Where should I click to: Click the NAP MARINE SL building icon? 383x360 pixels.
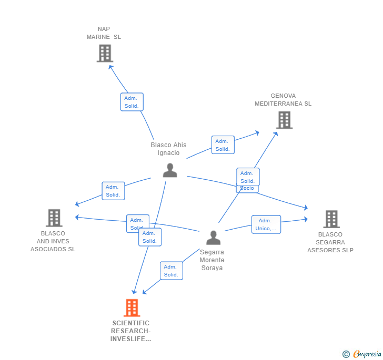click(x=105, y=53)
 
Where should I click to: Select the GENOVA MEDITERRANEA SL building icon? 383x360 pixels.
click(x=284, y=120)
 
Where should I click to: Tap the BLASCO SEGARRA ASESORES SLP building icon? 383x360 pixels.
click(x=331, y=219)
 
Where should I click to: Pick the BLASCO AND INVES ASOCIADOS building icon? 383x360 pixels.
click(x=54, y=218)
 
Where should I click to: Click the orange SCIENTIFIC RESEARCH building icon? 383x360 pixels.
click(x=132, y=307)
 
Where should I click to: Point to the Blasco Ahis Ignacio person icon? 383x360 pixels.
click(x=170, y=170)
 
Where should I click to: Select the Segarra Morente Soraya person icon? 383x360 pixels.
click(x=213, y=238)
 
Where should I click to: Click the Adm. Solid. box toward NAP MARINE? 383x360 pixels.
click(x=132, y=102)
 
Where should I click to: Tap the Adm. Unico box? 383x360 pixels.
click(x=266, y=224)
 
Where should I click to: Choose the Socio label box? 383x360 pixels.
click(x=247, y=188)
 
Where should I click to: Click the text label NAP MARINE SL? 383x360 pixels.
click(x=104, y=33)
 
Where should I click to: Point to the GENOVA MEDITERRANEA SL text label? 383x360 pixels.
click(x=283, y=100)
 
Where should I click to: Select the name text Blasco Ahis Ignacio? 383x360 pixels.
click(x=168, y=149)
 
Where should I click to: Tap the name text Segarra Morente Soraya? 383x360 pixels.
click(x=212, y=260)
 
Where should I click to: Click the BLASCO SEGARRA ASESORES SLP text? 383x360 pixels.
click(x=330, y=242)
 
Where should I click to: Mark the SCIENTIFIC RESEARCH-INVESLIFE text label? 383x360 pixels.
click(x=130, y=331)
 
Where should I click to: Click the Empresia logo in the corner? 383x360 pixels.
click(x=367, y=354)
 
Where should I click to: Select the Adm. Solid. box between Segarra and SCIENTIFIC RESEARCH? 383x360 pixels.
click(x=171, y=271)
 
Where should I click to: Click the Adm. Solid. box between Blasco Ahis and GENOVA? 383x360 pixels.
click(x=223, y=145)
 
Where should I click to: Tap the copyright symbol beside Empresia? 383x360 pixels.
click(x=346, y=354)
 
